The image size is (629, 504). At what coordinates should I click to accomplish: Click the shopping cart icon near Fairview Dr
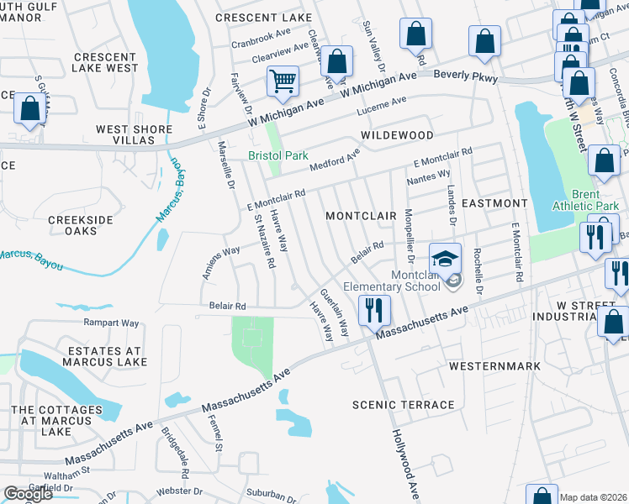point(283,81)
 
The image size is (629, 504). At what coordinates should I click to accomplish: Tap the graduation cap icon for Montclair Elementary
point(445,258)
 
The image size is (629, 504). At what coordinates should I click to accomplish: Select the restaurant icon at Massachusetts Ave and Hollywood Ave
point(373,310)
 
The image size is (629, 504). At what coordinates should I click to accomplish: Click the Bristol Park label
point(277,156)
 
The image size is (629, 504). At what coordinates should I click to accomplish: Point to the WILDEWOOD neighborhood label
point(397,135)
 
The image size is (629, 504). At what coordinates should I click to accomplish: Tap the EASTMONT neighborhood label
point(494,203)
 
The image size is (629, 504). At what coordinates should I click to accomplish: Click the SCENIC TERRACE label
point(404,405)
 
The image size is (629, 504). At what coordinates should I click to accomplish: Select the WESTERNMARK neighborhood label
point(487,367)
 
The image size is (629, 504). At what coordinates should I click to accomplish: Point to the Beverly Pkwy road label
point(465,77)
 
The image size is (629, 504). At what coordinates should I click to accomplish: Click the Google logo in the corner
point(27,494)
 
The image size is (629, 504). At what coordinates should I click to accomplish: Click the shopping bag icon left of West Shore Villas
point(29,108)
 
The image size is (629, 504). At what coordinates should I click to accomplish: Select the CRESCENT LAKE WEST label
point(106,62)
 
